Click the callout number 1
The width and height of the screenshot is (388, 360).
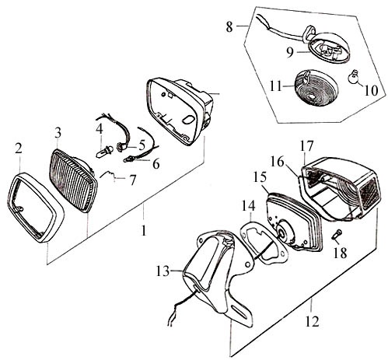tap(143, 230)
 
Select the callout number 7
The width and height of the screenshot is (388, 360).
tap(132, 180)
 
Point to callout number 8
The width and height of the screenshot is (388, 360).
tap(229, 27)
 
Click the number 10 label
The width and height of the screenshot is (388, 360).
tap(370, 90)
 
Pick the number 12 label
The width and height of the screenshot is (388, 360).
tap(312, 321)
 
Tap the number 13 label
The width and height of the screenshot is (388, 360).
tap(163, 271)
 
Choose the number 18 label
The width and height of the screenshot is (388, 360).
tap(340, 253)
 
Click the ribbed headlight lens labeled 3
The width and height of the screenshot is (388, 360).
tap(72, 180)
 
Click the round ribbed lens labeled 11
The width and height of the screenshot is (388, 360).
tap(316, 89)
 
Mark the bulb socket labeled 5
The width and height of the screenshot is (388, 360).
tap(121, 147)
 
